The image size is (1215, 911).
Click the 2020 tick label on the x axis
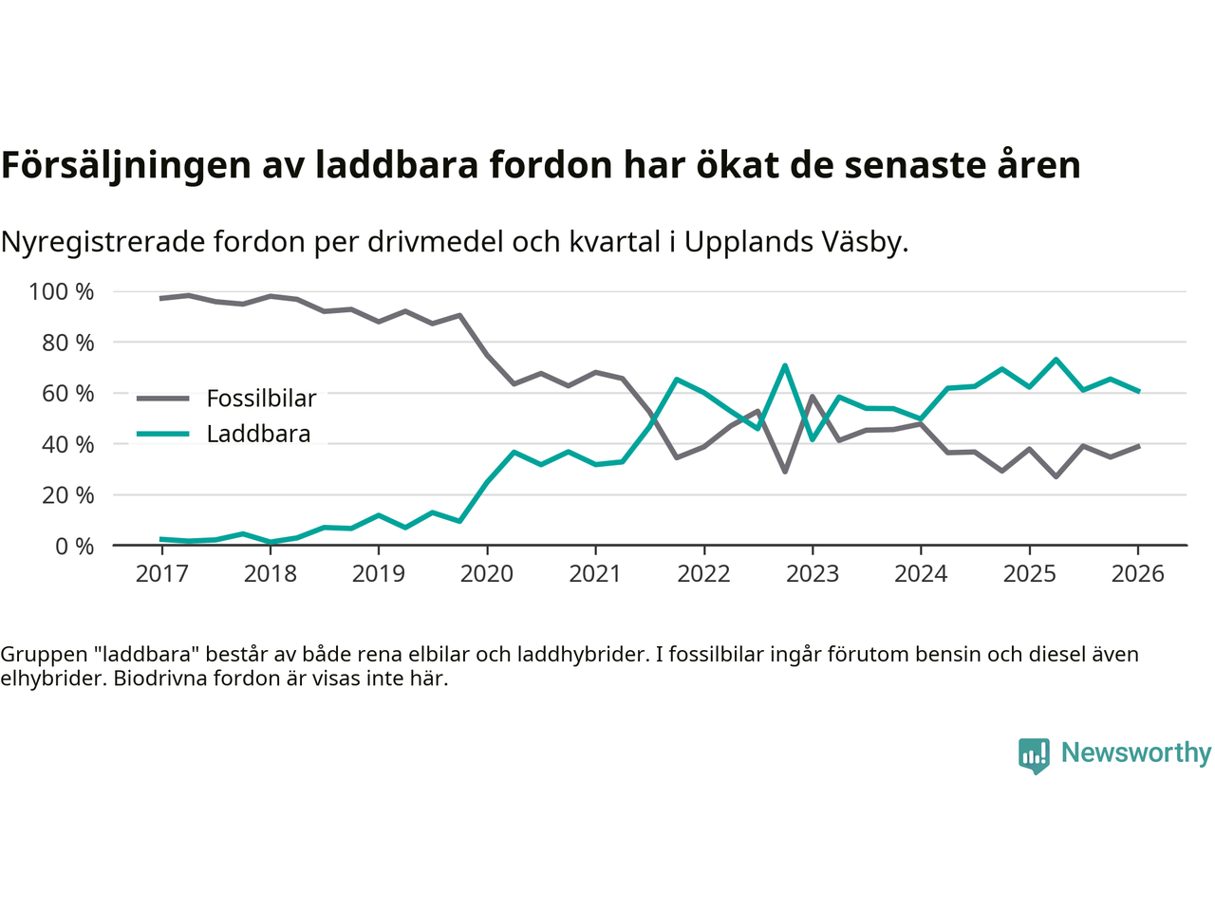click(x=486, y=574)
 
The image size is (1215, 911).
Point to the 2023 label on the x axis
click(x=812, y=574)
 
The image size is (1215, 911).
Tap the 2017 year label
click(x=161, y=574)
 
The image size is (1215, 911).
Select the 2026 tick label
click(x=1137, y=574)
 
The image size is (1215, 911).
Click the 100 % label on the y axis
click(x=62, y=292)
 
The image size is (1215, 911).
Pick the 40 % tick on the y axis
click(x=67, y=444)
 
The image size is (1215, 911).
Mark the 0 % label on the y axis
click(x=73, y=547)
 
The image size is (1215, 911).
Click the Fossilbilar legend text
click(x=261, y=399)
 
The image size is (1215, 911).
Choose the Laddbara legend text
click(x=258, y=435)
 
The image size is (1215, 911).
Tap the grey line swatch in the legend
click(x=162, y=399)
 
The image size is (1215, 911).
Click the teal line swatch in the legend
click(x=162, y=435)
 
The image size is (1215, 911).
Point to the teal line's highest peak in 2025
click(x=1056, y=360)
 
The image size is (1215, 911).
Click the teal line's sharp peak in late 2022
click(x=785, y=365)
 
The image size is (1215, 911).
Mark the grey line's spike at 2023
click(x=813, y=397)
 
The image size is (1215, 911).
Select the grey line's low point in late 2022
click(x=785, y=472)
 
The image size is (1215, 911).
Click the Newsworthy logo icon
click(x=1034, y=755)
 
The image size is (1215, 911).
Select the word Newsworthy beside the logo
click(x=1135, y=753)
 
